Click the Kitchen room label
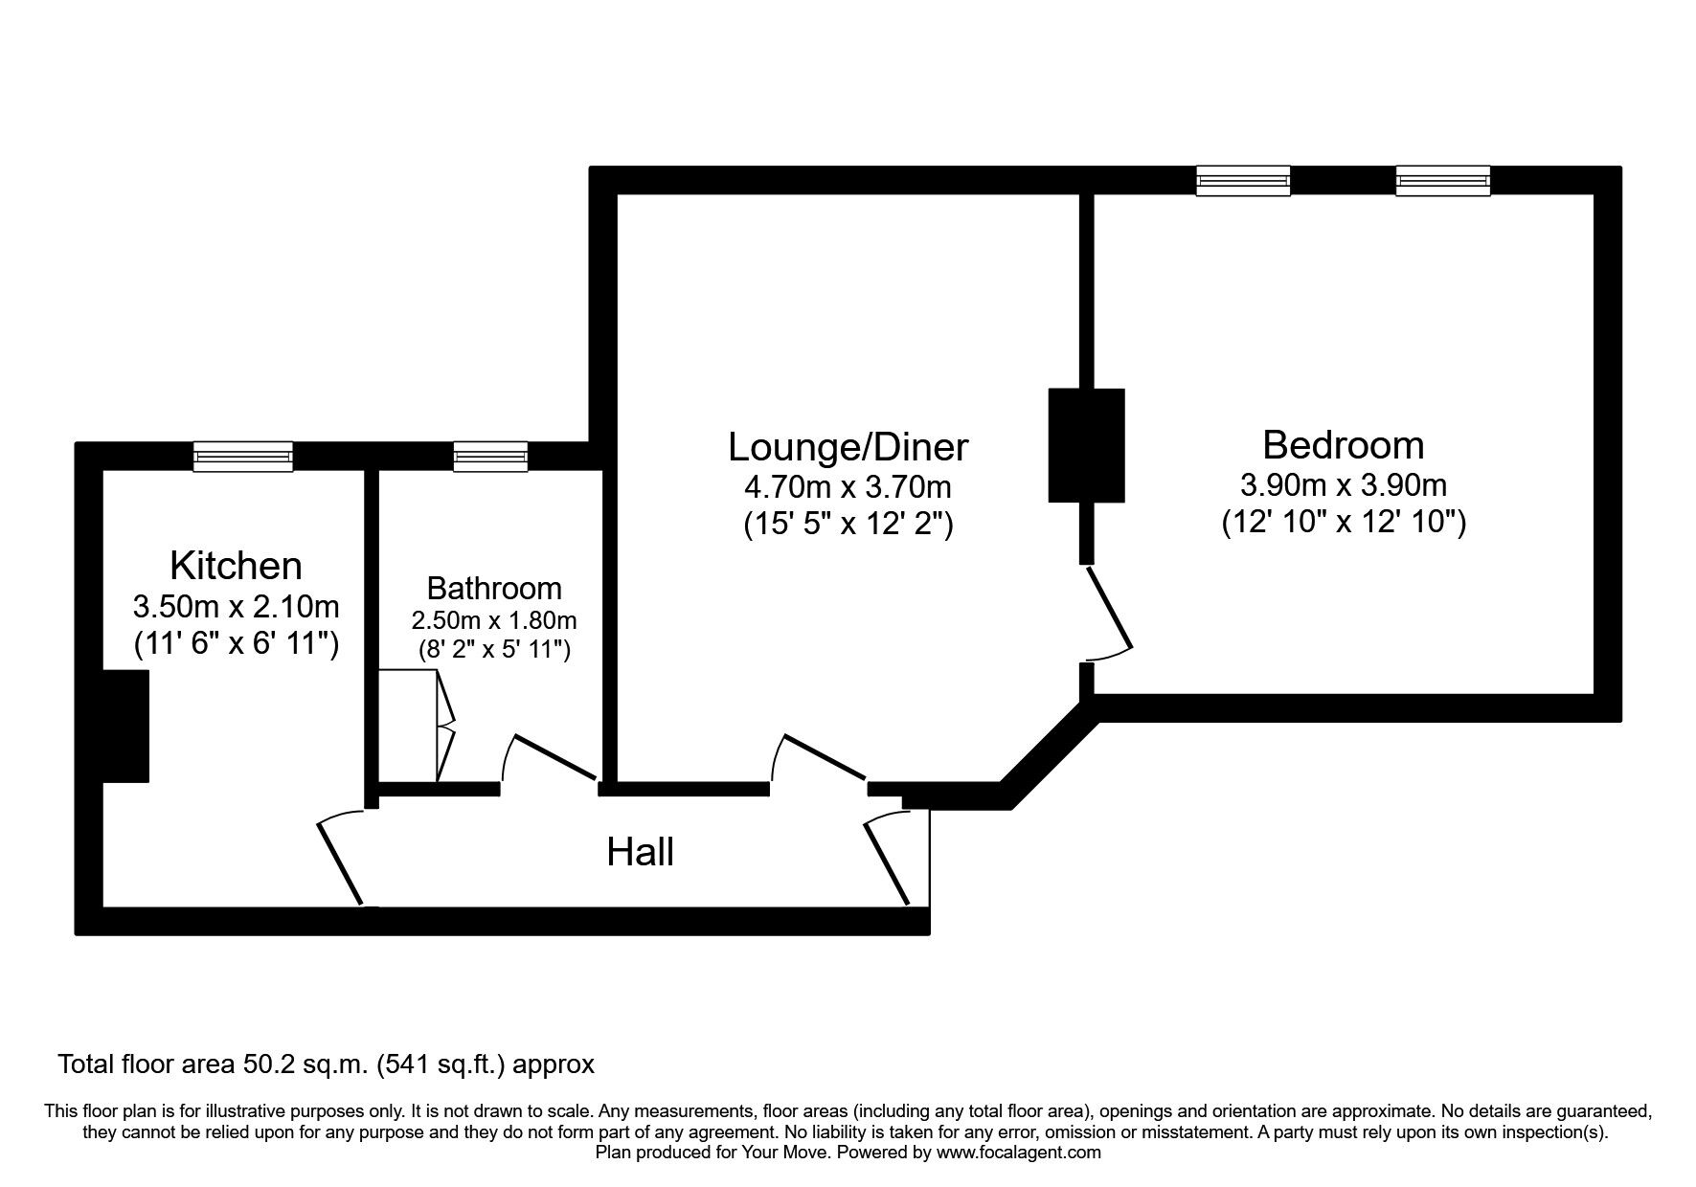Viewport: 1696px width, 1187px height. [x=236, y=566]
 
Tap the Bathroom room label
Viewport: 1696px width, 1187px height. [x=494, y=588]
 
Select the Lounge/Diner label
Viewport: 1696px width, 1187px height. [x=848, y=447]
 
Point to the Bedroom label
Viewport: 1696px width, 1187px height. [x=1343, y=445]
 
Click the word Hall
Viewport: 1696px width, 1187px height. [x=640, y=852]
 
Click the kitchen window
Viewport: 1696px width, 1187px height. [x=242, y=457]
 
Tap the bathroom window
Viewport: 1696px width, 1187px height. [x=490, y=457]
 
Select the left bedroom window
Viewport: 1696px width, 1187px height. [x=1243, y=181]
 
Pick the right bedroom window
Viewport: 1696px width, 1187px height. [x=1442, y=181]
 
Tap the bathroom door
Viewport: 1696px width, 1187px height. [x=554, y=757]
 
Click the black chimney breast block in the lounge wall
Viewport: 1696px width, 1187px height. [x=1086, y=445]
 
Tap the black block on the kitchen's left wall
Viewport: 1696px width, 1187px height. [x=126, y=726]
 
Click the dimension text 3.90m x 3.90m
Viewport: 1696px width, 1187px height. [x=1343, y=485]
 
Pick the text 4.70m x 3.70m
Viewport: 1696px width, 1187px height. [x=848, y=487]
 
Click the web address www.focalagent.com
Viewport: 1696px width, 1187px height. [x=1018, y=1153]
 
